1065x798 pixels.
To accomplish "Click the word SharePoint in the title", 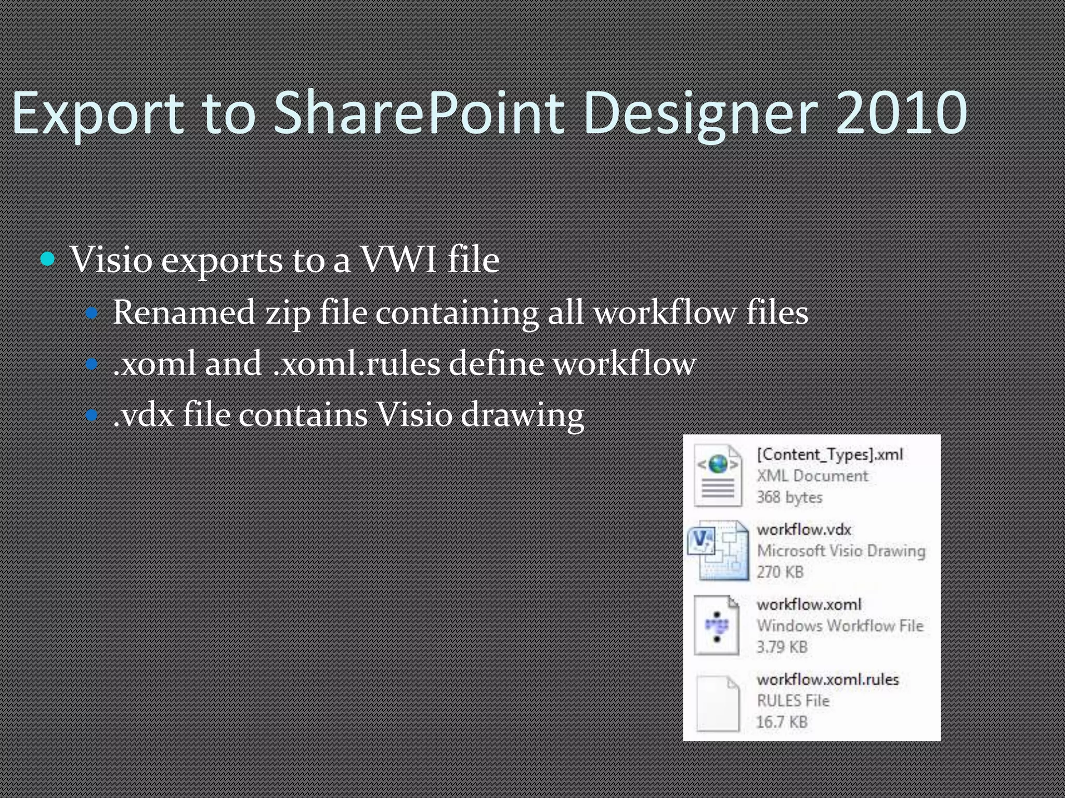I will pos(419,113).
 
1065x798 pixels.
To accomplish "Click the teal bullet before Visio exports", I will pos(48,259).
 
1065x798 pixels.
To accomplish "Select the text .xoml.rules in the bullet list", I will pos(357,364).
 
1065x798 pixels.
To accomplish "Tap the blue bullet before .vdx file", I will pos(92,415).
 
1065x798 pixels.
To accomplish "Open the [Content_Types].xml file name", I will pos(829,455).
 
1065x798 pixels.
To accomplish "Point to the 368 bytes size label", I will pos(789,497).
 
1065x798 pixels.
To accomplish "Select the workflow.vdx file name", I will pos(803,529).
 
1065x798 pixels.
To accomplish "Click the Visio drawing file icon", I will pos(718,551).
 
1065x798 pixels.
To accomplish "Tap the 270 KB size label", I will pos(780,572).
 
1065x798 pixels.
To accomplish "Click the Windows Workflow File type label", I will pos(840,626).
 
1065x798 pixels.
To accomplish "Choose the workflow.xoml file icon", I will pos(717,626).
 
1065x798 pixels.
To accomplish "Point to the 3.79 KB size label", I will pos(782,647).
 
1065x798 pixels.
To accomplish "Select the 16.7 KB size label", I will pos(782,722).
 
